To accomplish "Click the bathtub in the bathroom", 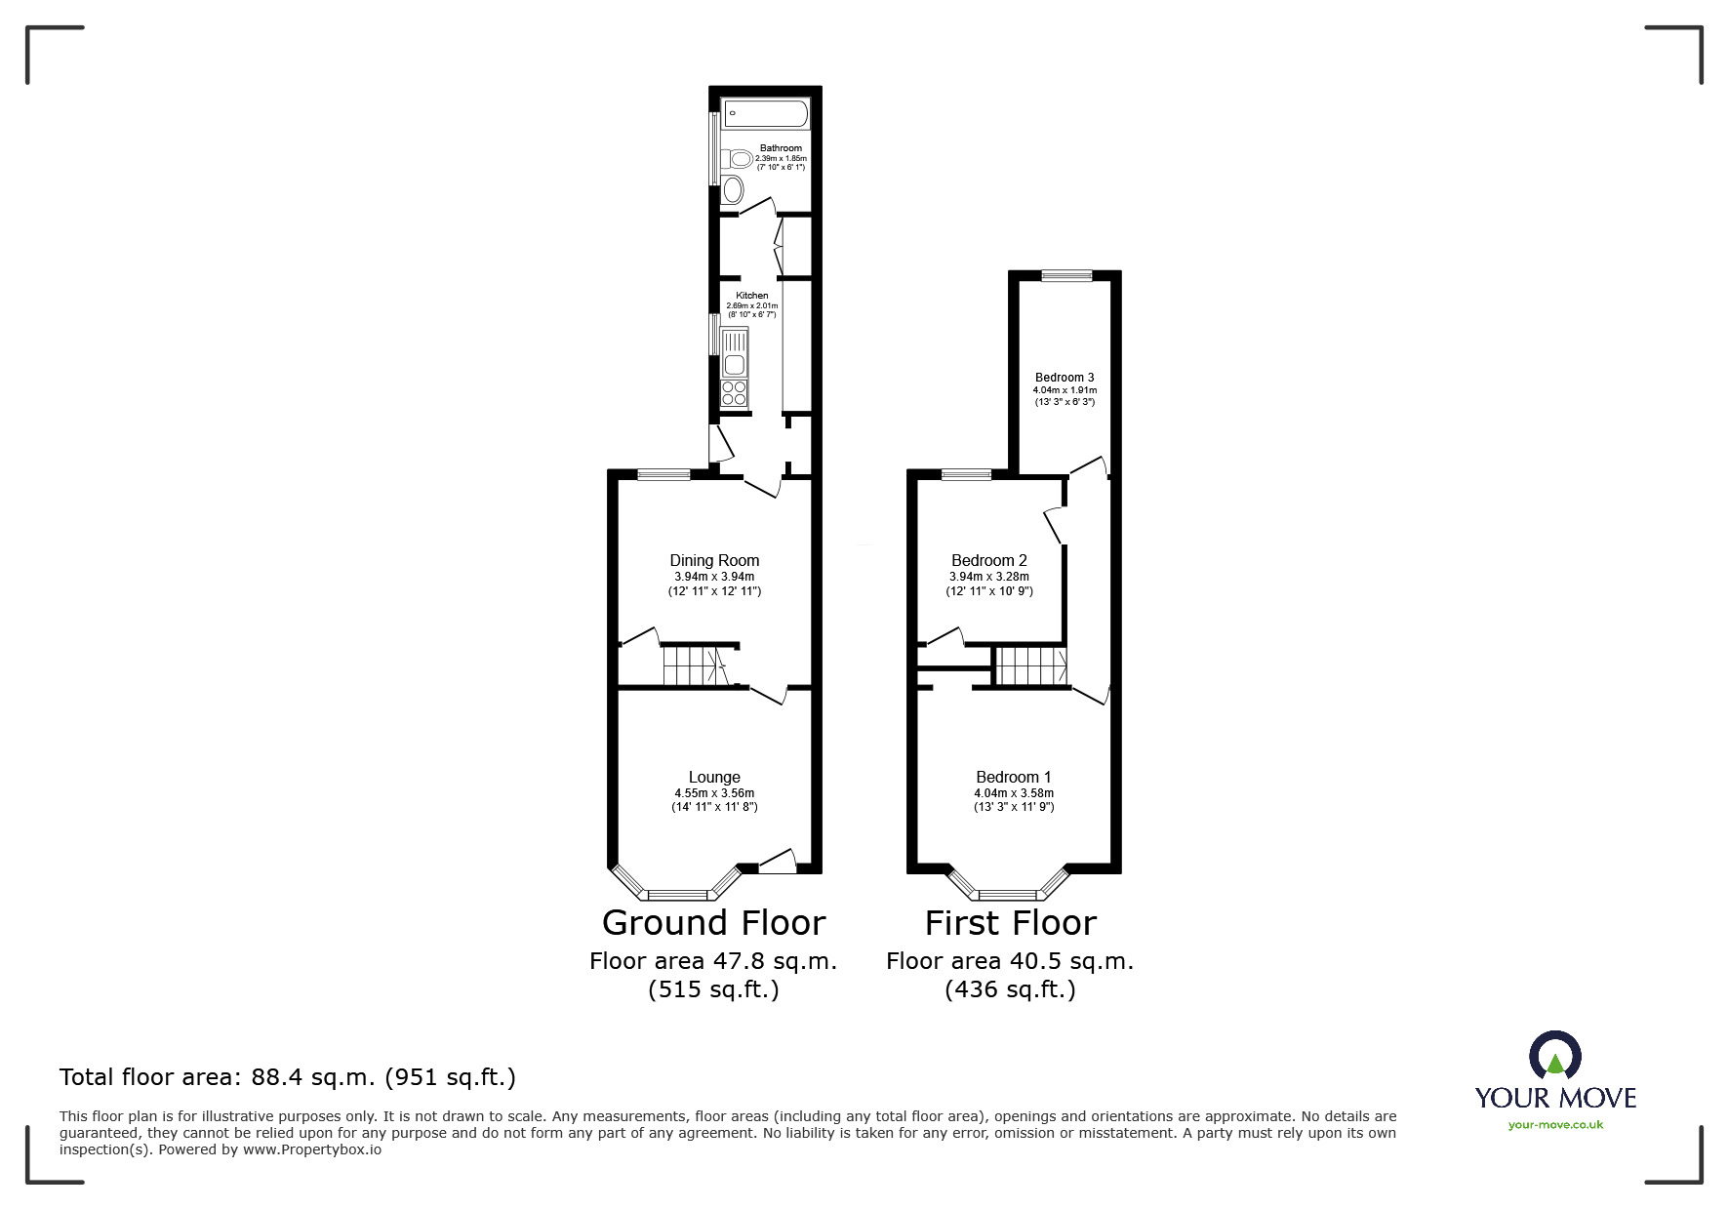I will tap(764, 113).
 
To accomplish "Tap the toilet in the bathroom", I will tap(739, 158).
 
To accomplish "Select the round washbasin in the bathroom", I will tap(733, 189).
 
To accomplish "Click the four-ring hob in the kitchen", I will tap(733, 393).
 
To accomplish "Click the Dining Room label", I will tap(714, 560).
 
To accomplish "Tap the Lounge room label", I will tap(714, 777).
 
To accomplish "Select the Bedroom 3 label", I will tap(1065, 378).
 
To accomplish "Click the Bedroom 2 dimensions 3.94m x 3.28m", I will tap(988, 577).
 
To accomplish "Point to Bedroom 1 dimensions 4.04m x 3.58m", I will tap(1014, 793).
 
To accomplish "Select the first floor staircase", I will tap(1030, 666).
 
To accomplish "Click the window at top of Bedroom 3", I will tap(1065, 276).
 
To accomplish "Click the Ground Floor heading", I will tap(713, 922).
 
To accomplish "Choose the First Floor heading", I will tap(1010, 922).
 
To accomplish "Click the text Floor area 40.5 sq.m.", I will tap(1009, 961).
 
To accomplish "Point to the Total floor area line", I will tap(288, 1077).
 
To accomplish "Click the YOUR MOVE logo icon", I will tap(1554, 1056).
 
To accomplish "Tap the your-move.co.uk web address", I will tap(1555, 1125).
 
